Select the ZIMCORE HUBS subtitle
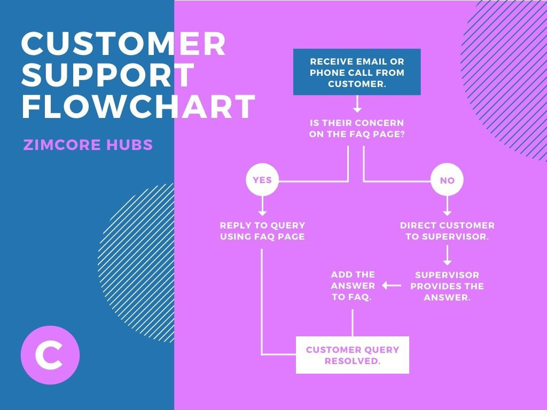pos(88,145)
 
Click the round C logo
pos(50,355)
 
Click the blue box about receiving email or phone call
pos(357,72)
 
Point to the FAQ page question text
pos(357,129)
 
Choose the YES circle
pos(262,180)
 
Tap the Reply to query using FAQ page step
pos(262,231)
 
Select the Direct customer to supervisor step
pos(447,231)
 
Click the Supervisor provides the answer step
pos(447,286)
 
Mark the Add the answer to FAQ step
pos(353,286)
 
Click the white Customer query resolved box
pos(353,355)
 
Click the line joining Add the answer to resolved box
pos(353,322)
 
